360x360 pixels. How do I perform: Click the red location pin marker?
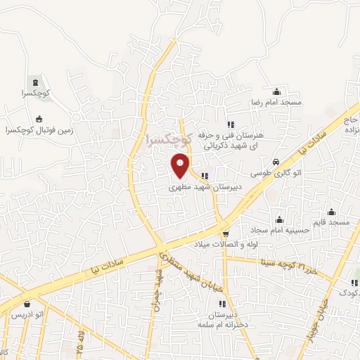(x=180, y=165)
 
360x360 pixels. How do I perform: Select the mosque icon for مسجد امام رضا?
(x=276, y=91)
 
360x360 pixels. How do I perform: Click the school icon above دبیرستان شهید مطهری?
(x=204, y=176)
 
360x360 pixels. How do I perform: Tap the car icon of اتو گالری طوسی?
(x=276, y=161)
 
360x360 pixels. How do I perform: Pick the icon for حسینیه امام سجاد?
(x=279, y=219)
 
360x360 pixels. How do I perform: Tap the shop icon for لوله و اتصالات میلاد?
(x=226, y=233)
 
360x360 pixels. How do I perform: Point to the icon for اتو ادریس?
(x=27, y=304)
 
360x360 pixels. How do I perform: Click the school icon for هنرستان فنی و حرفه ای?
(x=231, y=124)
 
